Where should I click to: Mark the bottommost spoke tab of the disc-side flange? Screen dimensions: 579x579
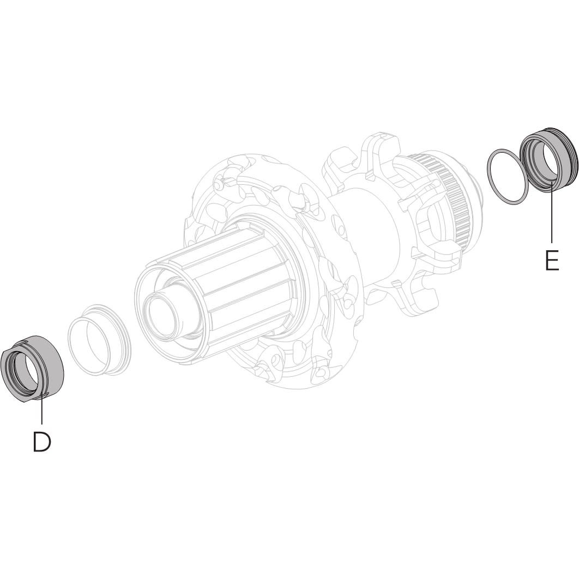click(420, 300)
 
